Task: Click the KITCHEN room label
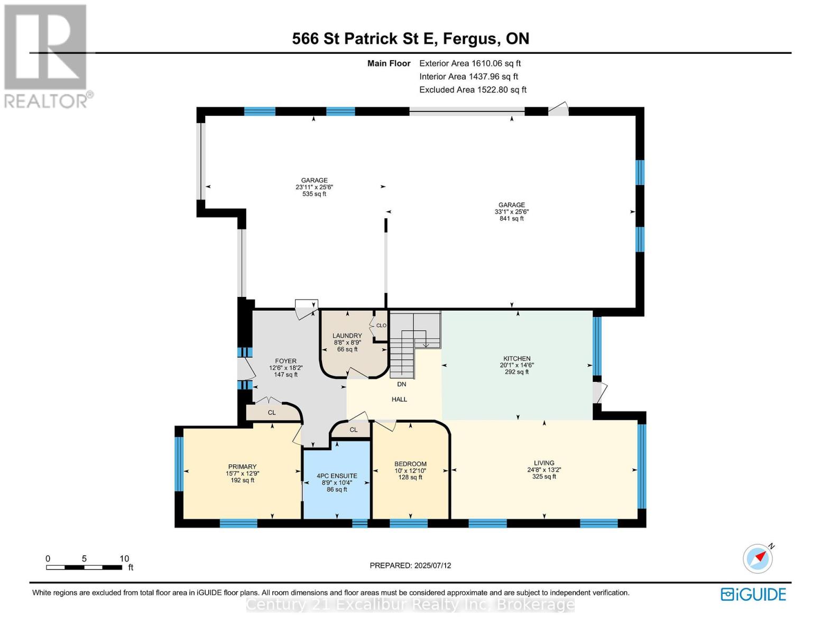(x=516, y=358)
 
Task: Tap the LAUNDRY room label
(x=347, y=335)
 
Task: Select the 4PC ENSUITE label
(x=337, y=476)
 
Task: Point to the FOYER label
(x=285, y=361)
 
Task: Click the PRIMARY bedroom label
(x=242, y=467)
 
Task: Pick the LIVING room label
(x=544, y=463)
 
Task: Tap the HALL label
(x=399, y=399)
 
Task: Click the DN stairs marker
(x=402, y=384)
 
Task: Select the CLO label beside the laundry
(x=381, y=325)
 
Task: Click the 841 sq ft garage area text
(x=512, y=218)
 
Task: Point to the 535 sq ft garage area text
(x=314, y=194)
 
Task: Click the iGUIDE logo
(x=753, y=594)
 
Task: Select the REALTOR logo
(x=47, y=57)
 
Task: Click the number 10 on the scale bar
(x=124, y=558)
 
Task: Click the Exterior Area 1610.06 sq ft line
(x=470, y=63)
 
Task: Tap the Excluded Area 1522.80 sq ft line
(x=473, y=90)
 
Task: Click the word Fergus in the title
(x=469, y=39)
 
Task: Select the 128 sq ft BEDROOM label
(x=410, y=477)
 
